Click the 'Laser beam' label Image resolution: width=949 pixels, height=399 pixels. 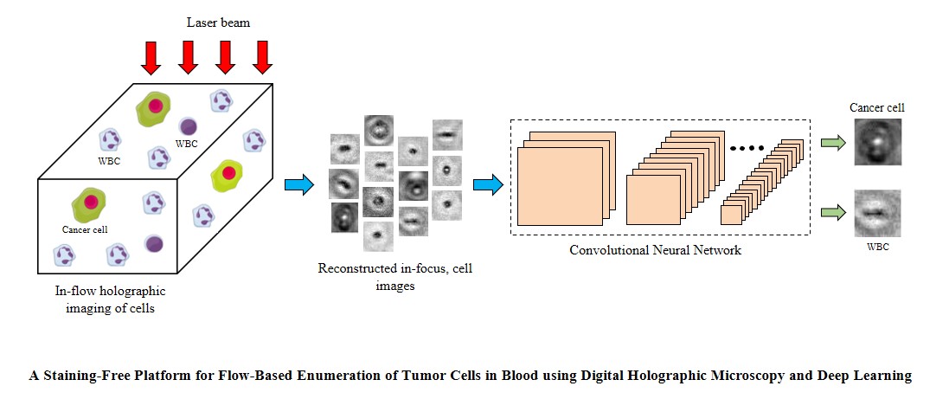coord(218,23)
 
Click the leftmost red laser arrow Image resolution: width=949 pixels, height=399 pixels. coord(151,57)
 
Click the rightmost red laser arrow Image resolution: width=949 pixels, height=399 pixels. coord(262,57)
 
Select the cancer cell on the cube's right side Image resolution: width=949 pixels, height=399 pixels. coord(227,174)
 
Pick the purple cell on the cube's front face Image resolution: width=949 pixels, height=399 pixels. coord(154,244)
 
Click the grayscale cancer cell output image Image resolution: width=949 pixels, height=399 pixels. coord(877,142)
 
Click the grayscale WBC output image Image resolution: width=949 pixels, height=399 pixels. coord(877,213)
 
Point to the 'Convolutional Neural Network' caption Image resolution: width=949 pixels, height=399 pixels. coord(655,250)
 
